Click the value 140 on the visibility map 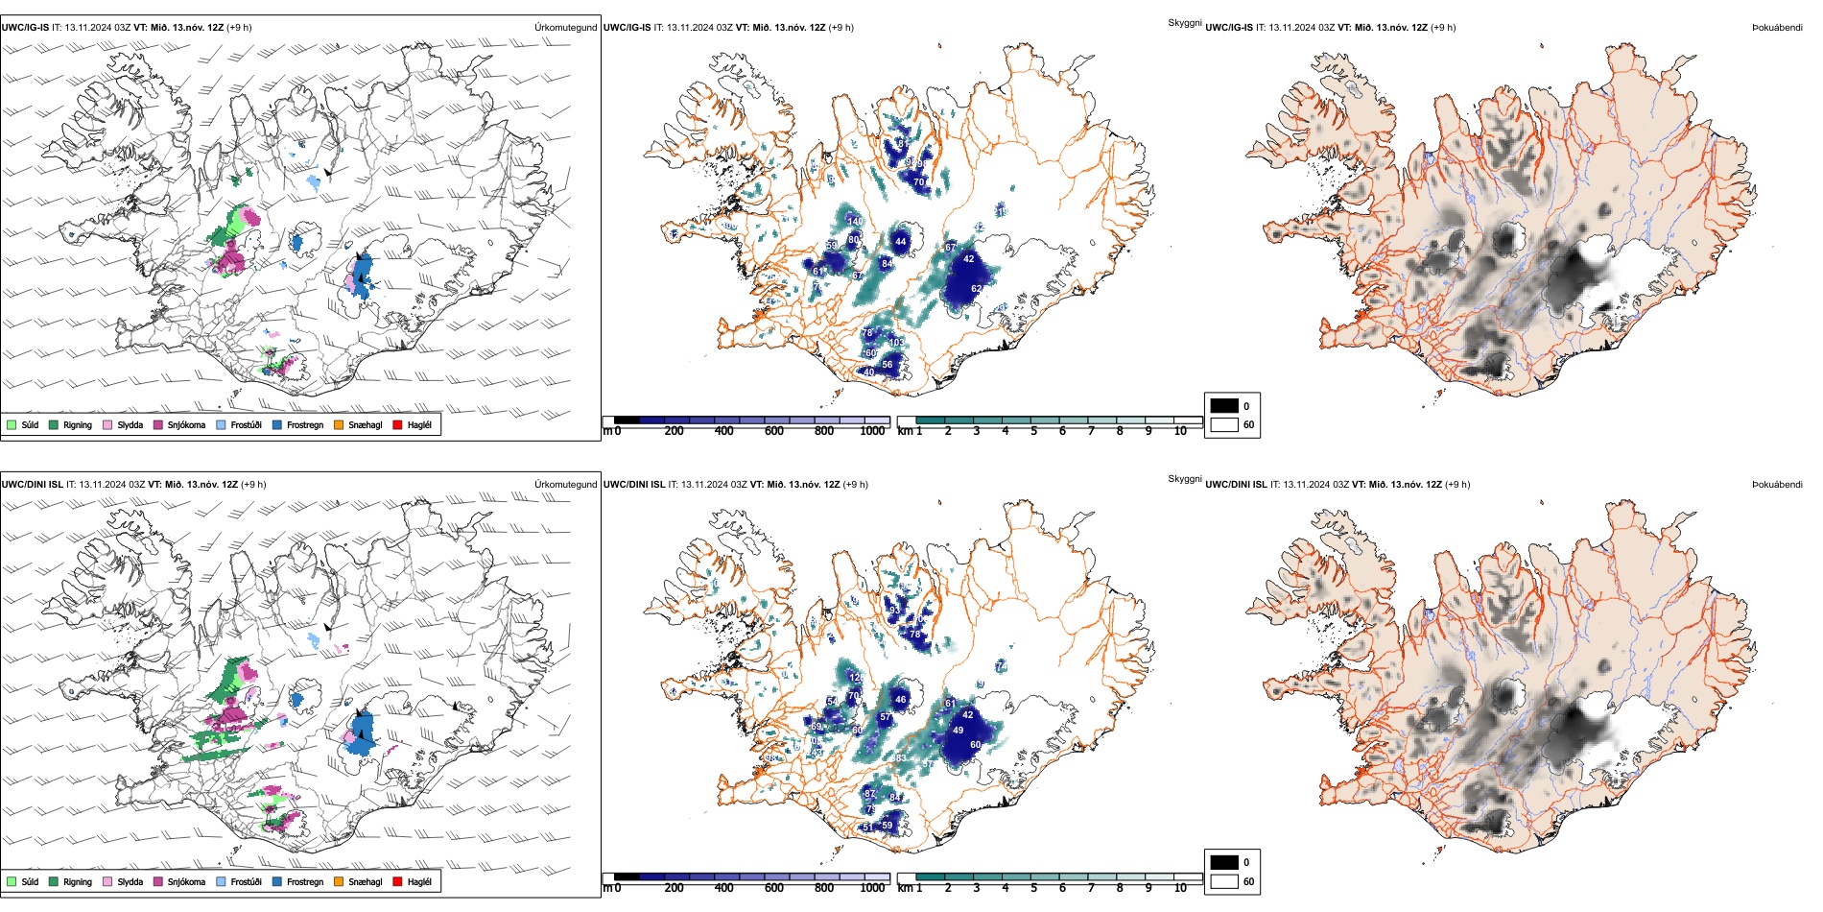coord(855,221)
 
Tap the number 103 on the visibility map coord(896,343)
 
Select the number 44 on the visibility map coord(900,242)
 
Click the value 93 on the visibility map coord(895,610)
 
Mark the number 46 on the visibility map coord(900,700)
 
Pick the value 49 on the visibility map coord(958,731)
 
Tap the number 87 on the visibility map coord(869,794)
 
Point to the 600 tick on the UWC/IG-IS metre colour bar coord(774,431)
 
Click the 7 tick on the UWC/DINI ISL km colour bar coord(1091,888)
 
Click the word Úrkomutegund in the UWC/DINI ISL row coord(565,485)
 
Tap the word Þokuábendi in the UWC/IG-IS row coord(1777,28)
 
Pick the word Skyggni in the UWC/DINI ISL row coord(1184,479)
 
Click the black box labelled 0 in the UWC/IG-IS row coord(1224,406)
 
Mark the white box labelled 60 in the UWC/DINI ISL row coord(1224,881)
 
